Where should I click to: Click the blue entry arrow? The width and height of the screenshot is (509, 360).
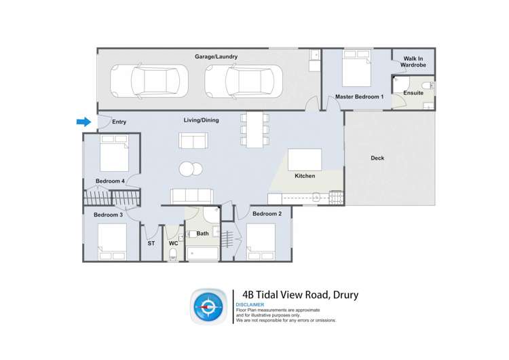(x=83, y=122)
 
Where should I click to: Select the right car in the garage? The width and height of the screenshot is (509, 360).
(x=243, y=82)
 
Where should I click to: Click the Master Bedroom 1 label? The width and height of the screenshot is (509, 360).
(x=360, y=97)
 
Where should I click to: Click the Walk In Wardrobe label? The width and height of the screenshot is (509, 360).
(x=414, y=62)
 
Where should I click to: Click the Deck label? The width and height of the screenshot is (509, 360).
(x=377, y=158)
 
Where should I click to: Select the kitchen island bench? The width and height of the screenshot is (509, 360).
(x=305, y=160)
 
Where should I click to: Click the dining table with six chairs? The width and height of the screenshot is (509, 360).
(x=254, y=129)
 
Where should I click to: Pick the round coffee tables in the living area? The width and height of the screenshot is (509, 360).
(x=191, y=170)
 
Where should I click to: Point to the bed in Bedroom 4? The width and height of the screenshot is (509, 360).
(x=114, y=156)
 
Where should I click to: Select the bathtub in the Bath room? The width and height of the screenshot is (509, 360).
(x=202, y=254)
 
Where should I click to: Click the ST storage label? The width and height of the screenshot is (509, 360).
(x=151, y=243)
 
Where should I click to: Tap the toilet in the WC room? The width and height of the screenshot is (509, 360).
(x=173, y=255)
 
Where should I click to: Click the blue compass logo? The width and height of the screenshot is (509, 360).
(x=208, y=306)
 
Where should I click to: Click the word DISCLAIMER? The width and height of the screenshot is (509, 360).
(x=250, y=306)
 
